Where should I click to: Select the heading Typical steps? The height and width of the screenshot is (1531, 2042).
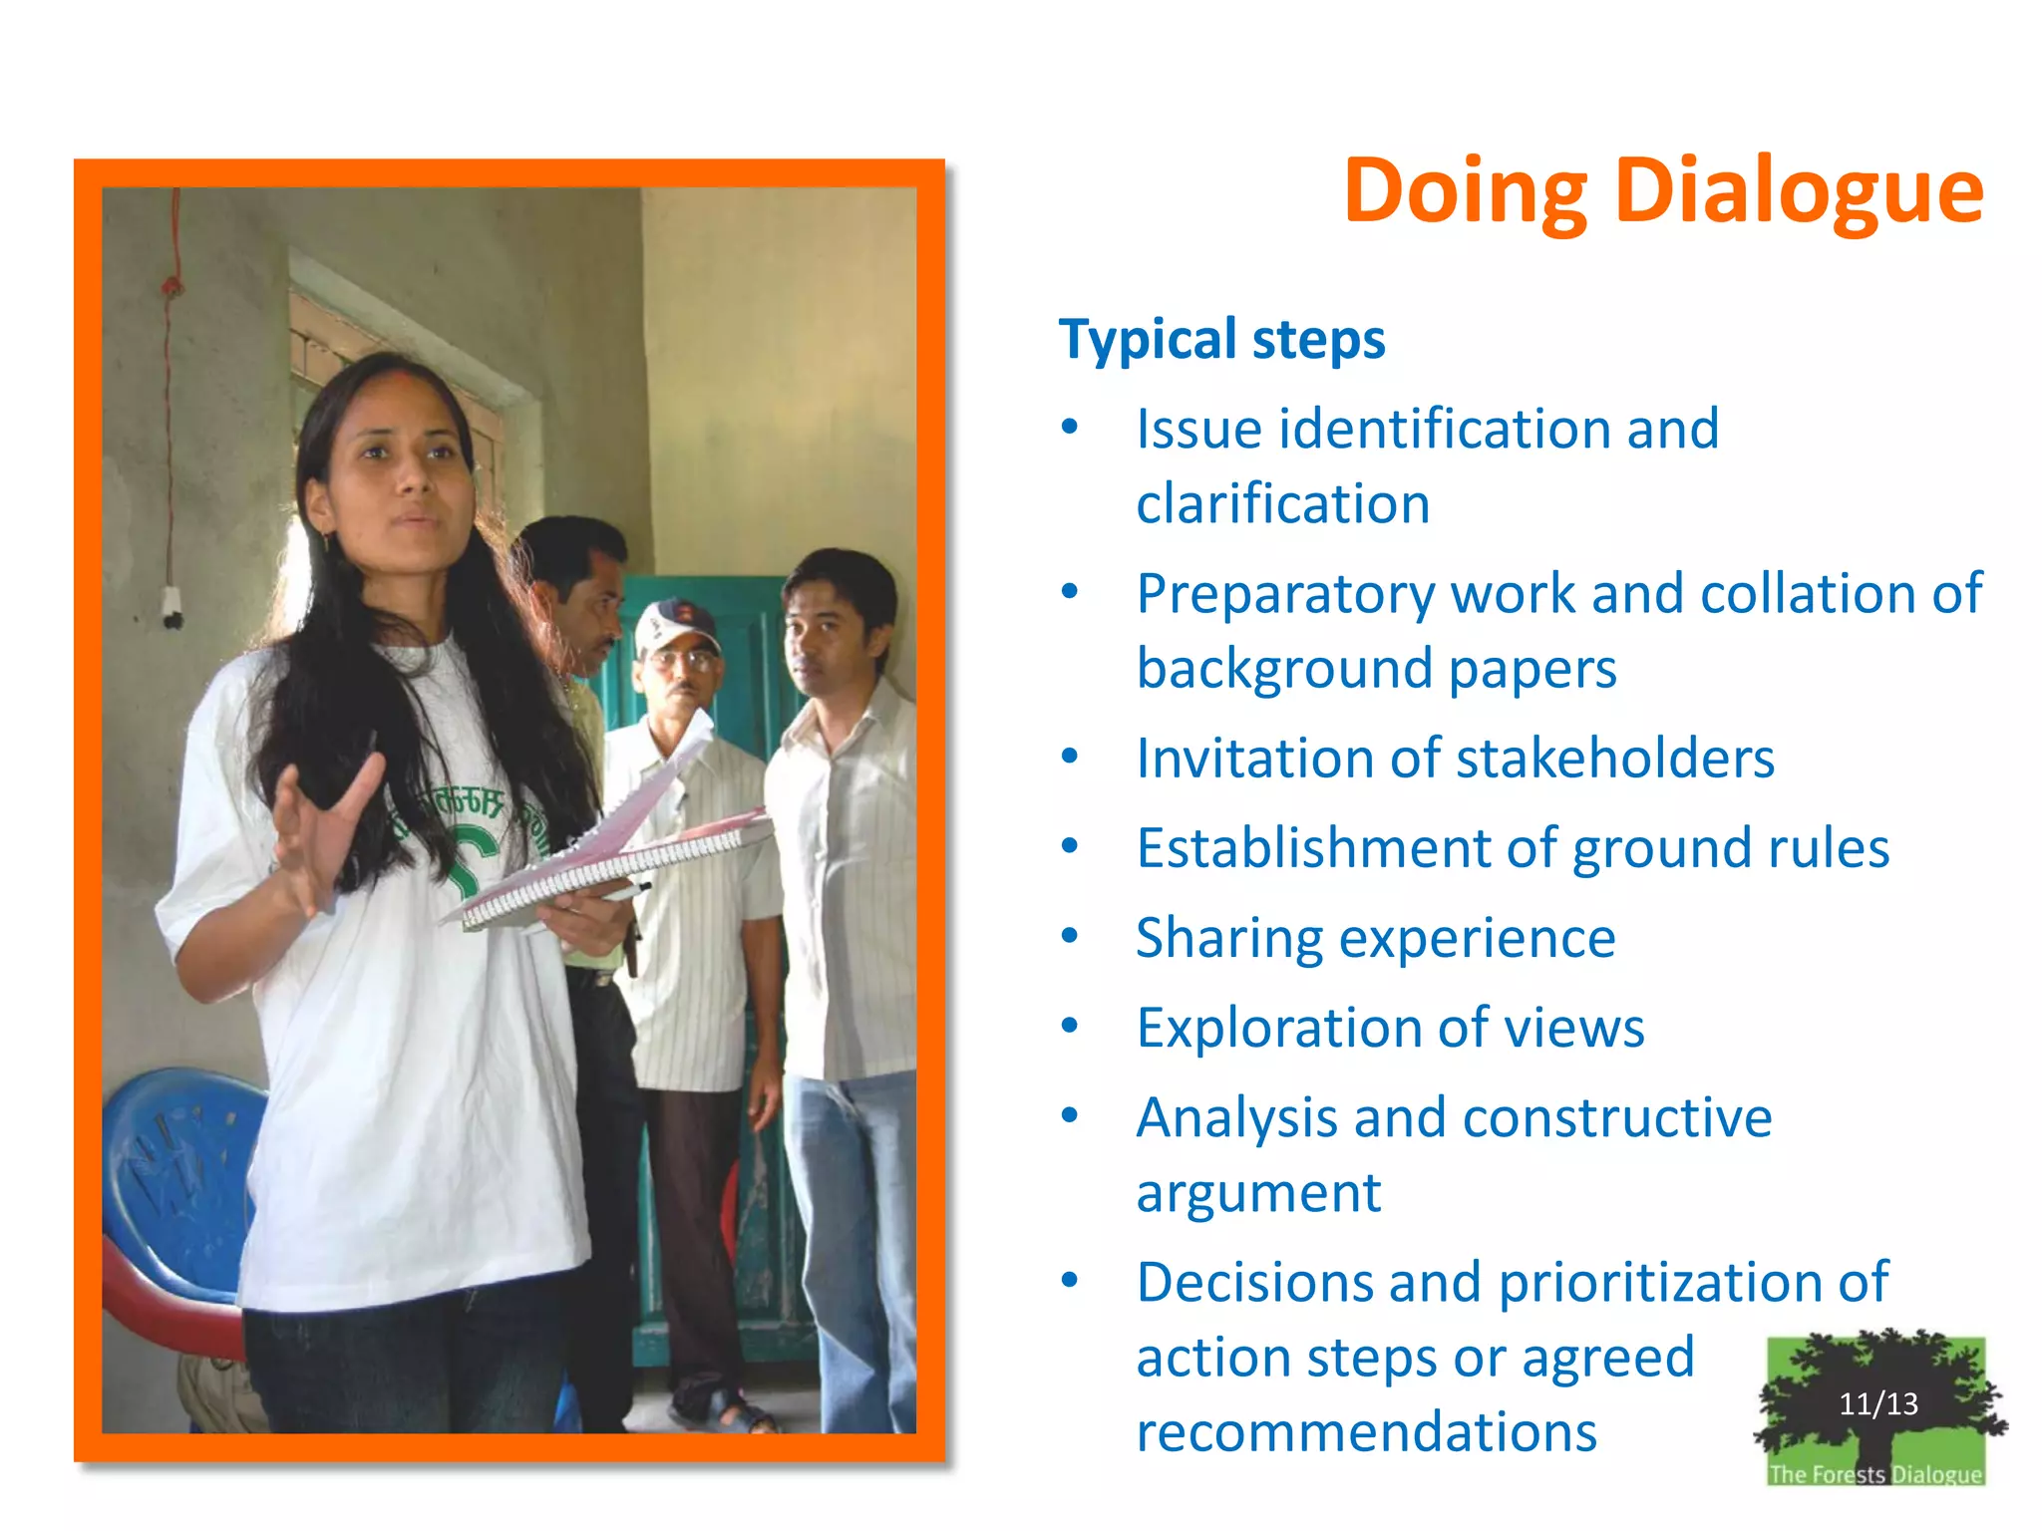click(x=1221, y=339)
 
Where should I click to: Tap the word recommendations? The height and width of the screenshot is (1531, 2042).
click(x=1366, y=1432)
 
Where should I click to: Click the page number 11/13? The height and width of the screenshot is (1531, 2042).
click(x=1877, y=1403)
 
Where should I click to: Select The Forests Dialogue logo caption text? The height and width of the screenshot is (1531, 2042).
click(x=1874, y=1473)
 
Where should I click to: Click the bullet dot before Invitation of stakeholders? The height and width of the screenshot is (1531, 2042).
click(x=1070, y=757)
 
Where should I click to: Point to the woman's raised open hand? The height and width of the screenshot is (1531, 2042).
click(x=319, y=827)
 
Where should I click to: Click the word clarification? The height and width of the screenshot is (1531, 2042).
click(x=1282, y=503)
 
